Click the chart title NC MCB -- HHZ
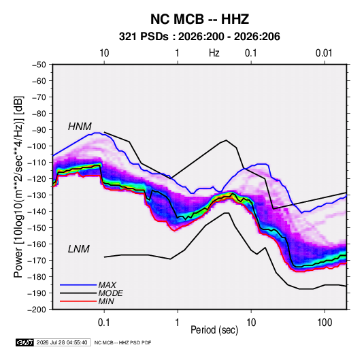(x=199, y=19)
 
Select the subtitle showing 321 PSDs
(x=199, y=37)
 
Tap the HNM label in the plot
(x=80, y=127)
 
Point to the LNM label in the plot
(x=79, y=249)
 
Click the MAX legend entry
(x=107, y=284)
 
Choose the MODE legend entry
(x=110, y=293)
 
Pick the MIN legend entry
(x=106, y=301)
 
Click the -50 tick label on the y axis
(x=39, y=65)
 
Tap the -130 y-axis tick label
(x=37, y=195)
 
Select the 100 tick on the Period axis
(x=325, y=323)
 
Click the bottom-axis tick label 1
(x=177, y=323)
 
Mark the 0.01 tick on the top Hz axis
(x=324, y=53)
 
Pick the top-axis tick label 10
(x=104, y=53)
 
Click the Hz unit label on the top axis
(x=214, y=53)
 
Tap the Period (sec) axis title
(x=214, y=330)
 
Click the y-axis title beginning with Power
(x=18, y=186)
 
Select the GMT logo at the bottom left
(x=24, y=342)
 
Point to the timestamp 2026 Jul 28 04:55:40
(x=62, y=342)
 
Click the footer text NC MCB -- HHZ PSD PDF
(x=122, y=342)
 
